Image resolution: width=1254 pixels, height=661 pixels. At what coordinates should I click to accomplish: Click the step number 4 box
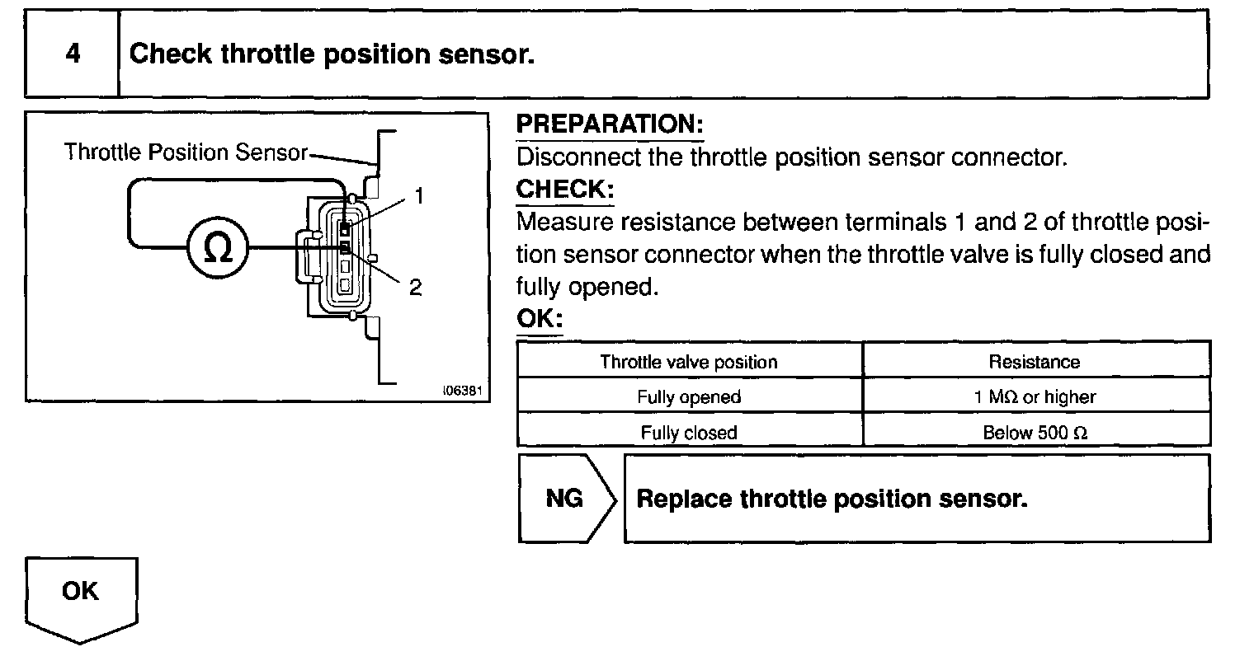pyautogui.click(x=73, y=54)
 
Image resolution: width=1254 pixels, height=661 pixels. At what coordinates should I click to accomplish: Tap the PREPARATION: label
pyautogui.click(x=610, y=124)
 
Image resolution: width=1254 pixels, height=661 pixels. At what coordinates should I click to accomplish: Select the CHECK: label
pyautogui.click(x=565, y=189)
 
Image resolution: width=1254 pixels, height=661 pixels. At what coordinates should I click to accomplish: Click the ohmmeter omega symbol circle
pyautogui.click(x=218, y=247)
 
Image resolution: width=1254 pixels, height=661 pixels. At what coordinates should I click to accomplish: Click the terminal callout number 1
pyautogui.click(x=419, y=195)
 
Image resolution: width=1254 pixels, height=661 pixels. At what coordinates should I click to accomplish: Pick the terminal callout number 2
pyautogui.click(x=415, y=287)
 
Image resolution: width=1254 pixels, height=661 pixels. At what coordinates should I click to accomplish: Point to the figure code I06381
pyautogui.click(x=462, y=390)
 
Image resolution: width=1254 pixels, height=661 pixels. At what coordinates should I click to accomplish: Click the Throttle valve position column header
pyautogui.click(x=689, y=361)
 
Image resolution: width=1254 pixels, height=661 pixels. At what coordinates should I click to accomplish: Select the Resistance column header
pyautogui.click(x=1034, y=361)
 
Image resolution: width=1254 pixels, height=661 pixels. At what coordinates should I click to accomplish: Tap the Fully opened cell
pyautogui.click(x=689, y=396)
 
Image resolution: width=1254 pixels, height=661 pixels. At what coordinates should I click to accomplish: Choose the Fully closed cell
pyautogui.click(x=689, y=432)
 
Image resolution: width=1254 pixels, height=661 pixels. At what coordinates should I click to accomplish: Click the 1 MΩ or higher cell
pyautogui.click(x=1034, y=396)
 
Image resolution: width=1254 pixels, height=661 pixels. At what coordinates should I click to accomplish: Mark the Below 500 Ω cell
pyautogui.click(x=1034, y=432)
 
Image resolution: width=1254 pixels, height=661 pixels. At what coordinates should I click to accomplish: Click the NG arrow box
pyautogui.click(x=565, y=499)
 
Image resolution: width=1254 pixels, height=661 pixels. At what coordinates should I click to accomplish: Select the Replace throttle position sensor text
pyautogui.click(x=832, y=499)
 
